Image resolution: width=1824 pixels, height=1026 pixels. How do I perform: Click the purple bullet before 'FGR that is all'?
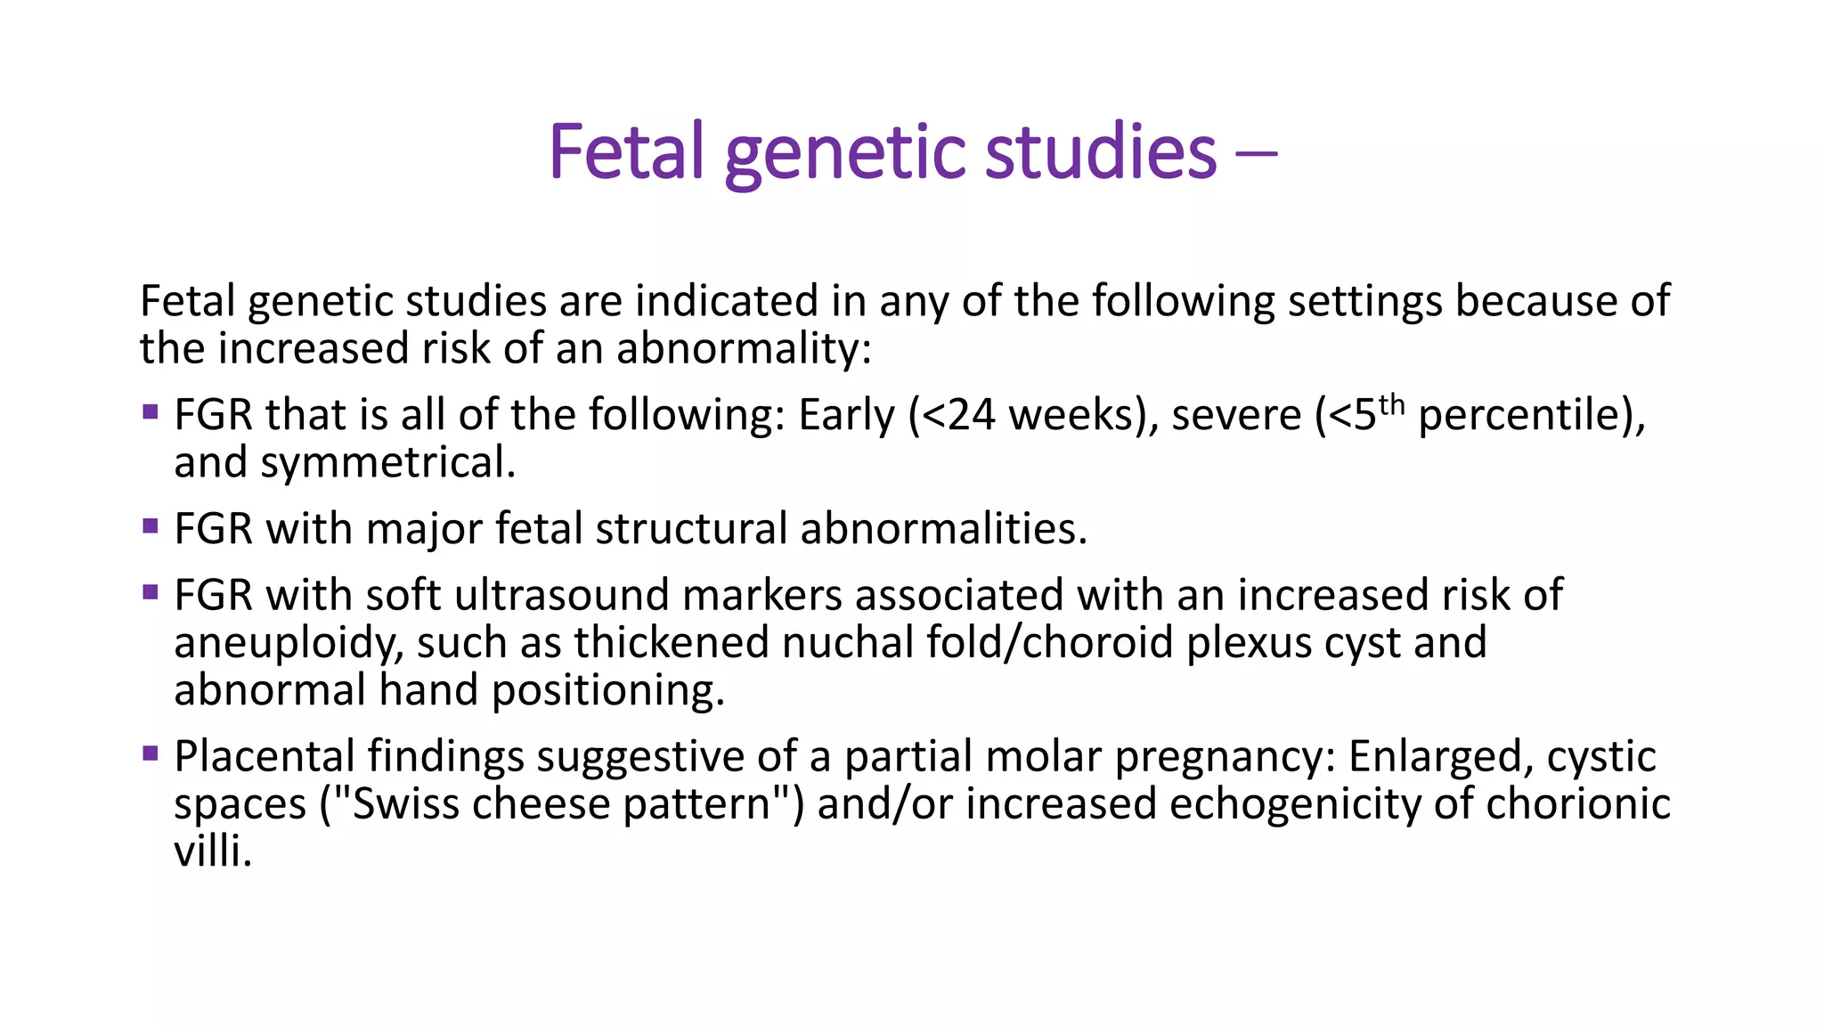tap(150, 411)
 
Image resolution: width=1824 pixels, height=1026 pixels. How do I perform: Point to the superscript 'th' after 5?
tap(1391, 405)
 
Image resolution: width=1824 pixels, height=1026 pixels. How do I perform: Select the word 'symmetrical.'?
tap(387, 463)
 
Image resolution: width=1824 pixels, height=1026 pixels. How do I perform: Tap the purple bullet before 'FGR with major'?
tap(150, 525)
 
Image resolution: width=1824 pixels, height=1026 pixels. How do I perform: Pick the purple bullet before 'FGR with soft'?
tap(150, 591)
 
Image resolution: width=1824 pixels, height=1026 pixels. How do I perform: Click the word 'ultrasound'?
tap(561, 595)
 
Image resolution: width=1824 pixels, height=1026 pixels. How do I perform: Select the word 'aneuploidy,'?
tap(288, 644)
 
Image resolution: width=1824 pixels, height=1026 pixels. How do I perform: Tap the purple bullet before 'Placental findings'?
tap(150, 753)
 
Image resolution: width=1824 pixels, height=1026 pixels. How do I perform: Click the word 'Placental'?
tap(264, 756)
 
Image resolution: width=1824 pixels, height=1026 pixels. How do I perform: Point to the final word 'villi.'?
tap(213, 851)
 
